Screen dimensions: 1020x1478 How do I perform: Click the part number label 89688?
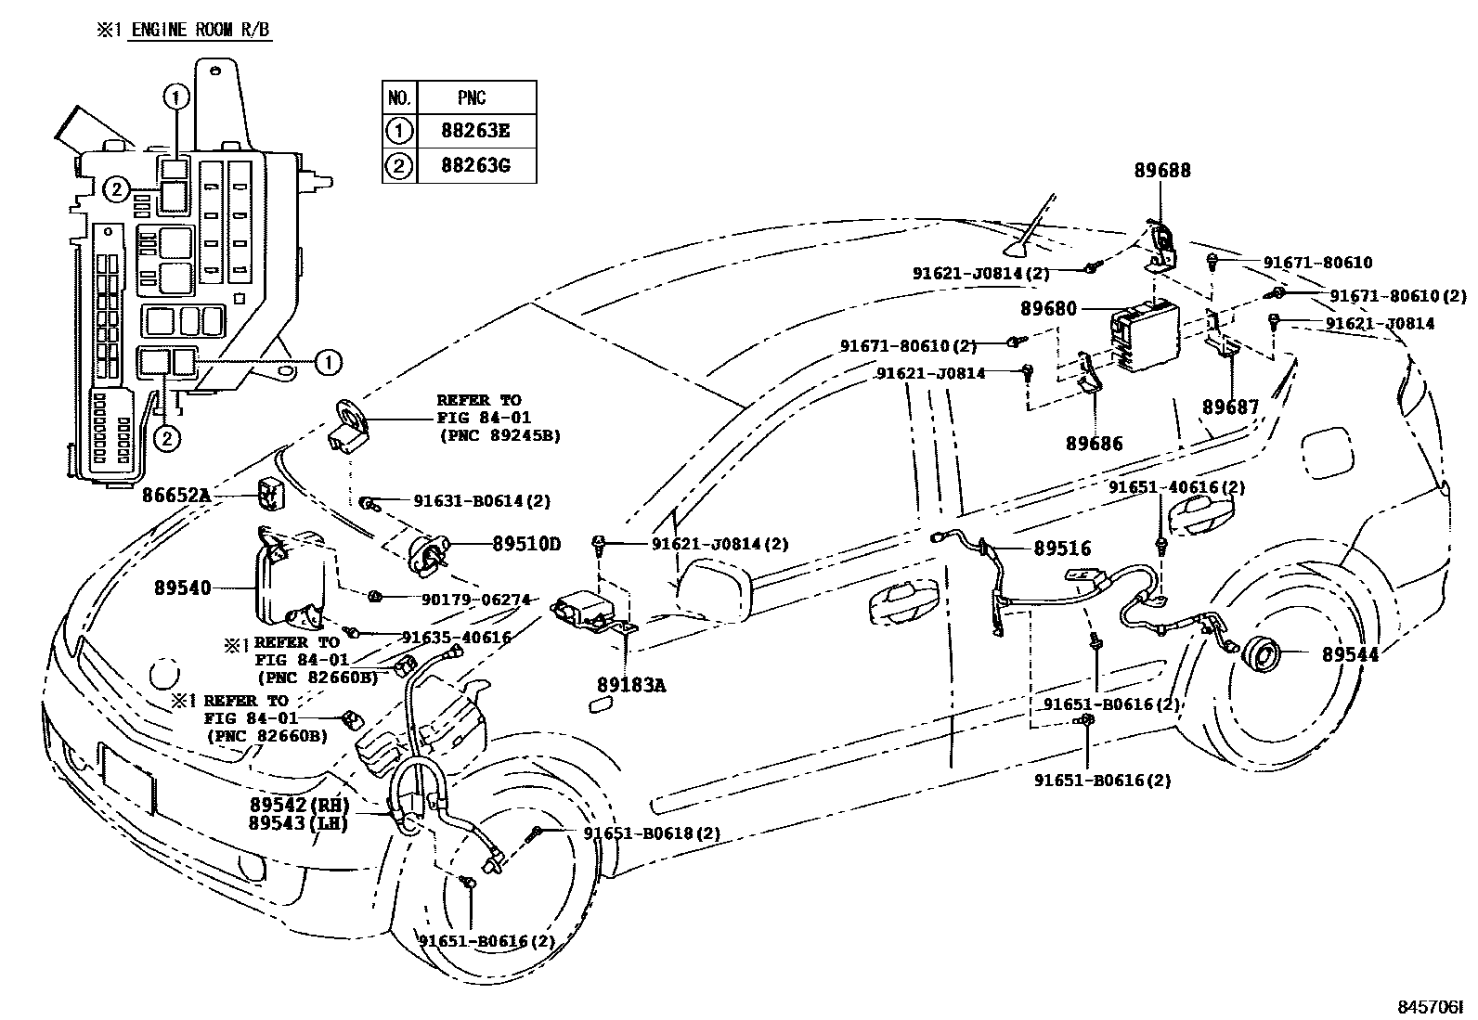tap(1162, 171)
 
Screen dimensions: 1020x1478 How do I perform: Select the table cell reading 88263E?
tap(476, 131)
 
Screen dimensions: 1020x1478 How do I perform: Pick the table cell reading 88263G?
tap(476, 166)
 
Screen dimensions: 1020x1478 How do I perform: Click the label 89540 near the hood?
tap(183, 587)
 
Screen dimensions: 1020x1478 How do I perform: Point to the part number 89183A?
tap(631, 685)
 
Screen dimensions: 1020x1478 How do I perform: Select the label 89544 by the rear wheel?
tap(1350, 654)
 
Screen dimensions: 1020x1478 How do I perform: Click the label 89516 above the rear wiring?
tap(1063, 549)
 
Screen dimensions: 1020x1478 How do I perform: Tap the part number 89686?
tap(1094, 444)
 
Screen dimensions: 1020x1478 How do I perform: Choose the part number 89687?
tap(1231, 407)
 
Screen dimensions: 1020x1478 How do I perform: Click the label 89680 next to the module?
tap(1049, 308)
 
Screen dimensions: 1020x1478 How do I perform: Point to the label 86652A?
tap(176, 496)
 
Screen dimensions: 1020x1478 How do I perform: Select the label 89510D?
tap(526, 545)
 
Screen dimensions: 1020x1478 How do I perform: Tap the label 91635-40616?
tap(456, 637)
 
